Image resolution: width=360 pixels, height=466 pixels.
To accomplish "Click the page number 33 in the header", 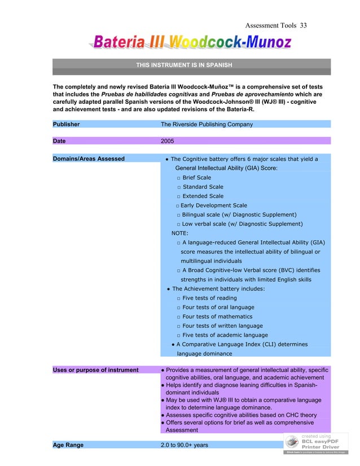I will point(303,26).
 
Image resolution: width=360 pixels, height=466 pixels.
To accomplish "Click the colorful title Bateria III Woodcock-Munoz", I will point(192,42).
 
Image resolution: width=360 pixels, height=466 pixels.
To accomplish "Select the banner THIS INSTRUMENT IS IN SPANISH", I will point(184,65).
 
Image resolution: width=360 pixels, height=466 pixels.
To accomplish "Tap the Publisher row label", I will point(66,124).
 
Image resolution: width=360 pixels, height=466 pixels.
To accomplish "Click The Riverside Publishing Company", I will point(207,124).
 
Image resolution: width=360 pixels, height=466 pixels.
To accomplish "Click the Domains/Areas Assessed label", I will point(89,159).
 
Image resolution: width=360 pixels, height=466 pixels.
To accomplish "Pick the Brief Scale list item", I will point(196,178).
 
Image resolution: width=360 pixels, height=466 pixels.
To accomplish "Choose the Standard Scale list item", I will point(203,187).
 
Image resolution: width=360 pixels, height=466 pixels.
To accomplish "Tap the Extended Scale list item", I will point(203,196).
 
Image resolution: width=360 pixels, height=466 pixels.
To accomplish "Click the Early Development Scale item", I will point(213,205).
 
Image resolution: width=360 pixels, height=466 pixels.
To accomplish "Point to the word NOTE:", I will point(180,233).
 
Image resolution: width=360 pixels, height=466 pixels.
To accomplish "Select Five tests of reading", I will point(209,298).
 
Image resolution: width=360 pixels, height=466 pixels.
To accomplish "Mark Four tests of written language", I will point(222,326).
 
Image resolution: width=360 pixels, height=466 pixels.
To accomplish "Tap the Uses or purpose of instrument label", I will point(95,370).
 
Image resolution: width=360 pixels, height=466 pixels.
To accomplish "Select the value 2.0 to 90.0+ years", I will point(185,445).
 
